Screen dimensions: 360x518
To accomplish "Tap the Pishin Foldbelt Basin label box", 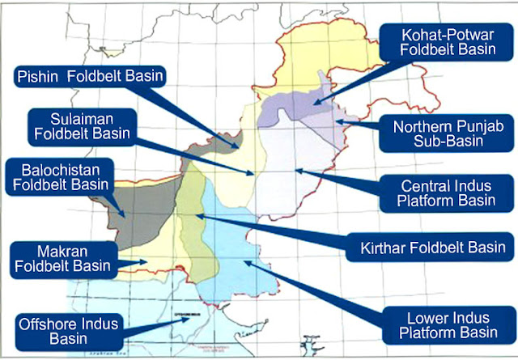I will pos(91,78).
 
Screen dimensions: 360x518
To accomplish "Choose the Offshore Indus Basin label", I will pos(67,332).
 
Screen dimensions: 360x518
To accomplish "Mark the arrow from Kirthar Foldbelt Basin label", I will pos(275,231).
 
